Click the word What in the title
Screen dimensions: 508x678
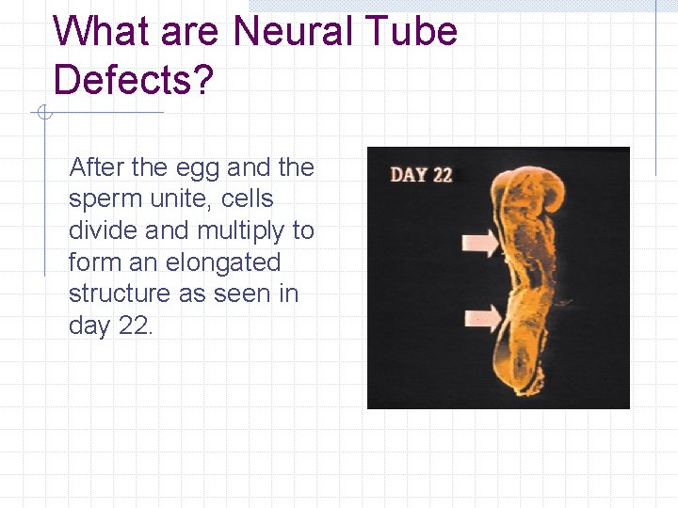coord(102,32)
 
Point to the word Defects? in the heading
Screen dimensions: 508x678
coord(134,80)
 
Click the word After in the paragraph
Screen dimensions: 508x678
coord(97,167)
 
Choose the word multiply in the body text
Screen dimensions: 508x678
coord(241,231)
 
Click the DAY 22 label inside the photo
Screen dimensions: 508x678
coord(421,175)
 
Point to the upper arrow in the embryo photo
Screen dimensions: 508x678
coord(482,245)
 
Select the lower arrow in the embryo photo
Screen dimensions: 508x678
coord(482,317)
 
